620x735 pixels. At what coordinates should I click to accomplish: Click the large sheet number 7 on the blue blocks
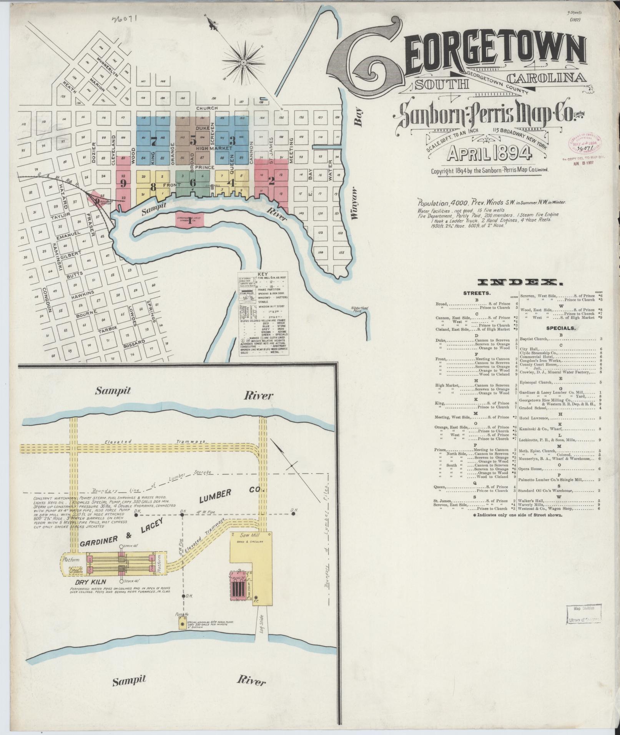pyautogui.click(x=154, y=141)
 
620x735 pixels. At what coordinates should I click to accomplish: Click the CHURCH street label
pyautogui.click(x=207, y=108)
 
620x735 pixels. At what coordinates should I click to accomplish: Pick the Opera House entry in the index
pyautogui.click(x=531, y=469)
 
